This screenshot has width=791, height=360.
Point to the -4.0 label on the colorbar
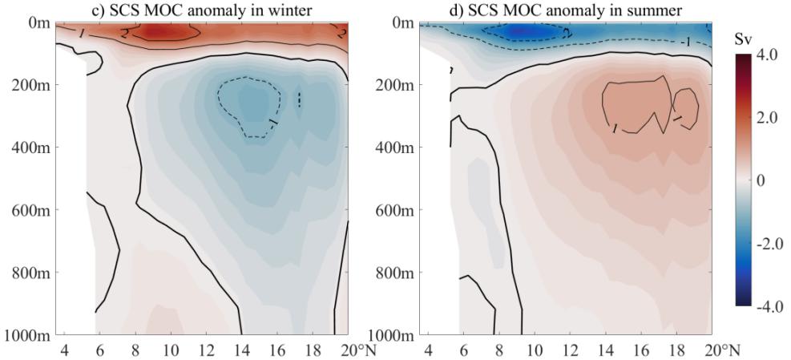click(763, 307)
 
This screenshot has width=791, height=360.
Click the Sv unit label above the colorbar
click(745, 38)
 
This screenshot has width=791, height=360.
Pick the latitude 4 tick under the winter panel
click(66, 350)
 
